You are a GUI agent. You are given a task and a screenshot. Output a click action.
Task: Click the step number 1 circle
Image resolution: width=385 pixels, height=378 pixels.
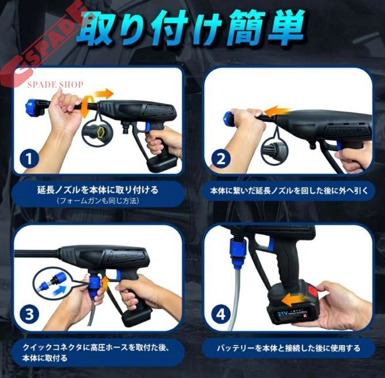29,159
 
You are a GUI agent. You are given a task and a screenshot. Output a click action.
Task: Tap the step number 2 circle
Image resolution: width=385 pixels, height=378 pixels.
221,159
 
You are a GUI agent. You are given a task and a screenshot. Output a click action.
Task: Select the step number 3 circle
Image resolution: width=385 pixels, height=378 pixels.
29,315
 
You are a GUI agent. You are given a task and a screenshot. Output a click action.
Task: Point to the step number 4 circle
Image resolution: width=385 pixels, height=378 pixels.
221,315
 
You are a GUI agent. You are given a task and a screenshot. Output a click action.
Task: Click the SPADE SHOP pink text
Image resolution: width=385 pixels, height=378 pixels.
55,85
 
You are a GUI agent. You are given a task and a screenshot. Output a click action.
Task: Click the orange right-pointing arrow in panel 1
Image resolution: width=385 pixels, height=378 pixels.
104,93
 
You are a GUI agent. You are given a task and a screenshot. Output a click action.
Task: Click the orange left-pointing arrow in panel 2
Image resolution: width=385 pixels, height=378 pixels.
278,111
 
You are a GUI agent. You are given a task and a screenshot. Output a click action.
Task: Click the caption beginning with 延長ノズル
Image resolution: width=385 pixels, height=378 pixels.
98,190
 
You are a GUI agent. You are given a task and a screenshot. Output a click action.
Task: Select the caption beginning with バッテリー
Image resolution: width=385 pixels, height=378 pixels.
289,348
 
